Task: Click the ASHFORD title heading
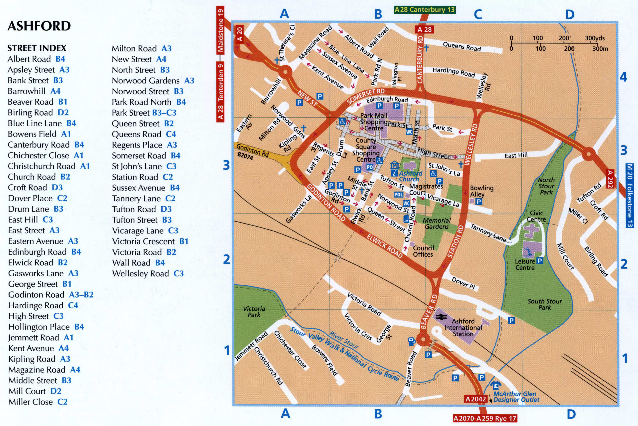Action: click(39, 26)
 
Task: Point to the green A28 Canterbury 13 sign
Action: click(424, 10)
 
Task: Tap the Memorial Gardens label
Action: click(437, 223)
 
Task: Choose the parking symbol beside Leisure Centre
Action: click(540, 261)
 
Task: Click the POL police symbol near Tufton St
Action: click(398, 194)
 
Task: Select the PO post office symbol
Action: click(370, 167)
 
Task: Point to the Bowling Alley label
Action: click(482, 191)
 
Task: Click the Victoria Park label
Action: click(254, 312)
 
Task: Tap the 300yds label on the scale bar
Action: click(595, 38)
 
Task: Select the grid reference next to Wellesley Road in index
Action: click(178, 273)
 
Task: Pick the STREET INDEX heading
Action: click(37, 48)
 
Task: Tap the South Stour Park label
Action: click(545, 304)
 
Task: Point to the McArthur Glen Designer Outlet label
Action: click(516, 397)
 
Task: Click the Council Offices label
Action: click(423, 251)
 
